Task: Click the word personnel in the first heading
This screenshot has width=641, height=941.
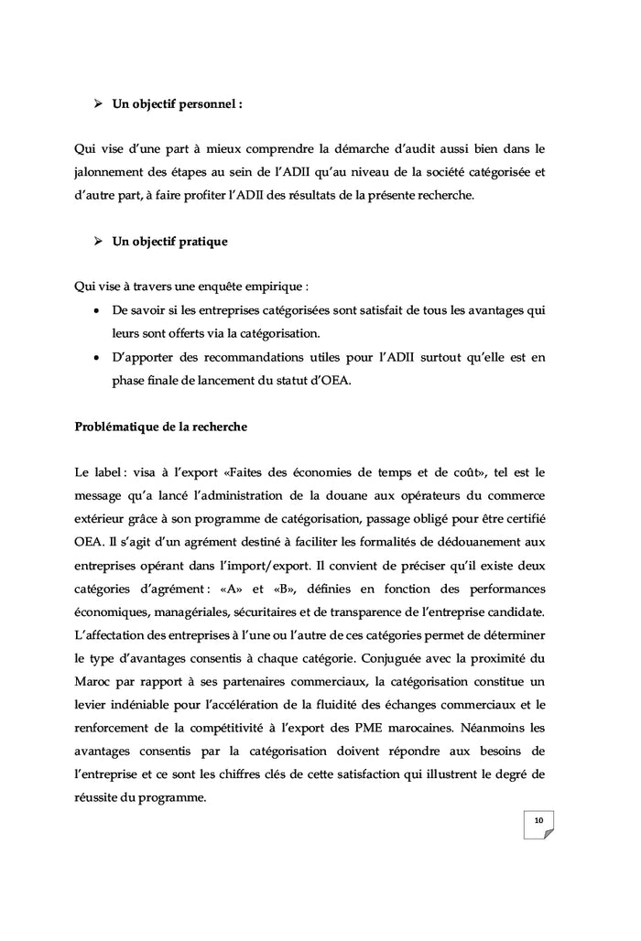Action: coord(206,104)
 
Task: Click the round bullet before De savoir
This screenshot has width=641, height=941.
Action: coord(97,310)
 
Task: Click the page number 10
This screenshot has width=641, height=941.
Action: coord(538,820)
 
